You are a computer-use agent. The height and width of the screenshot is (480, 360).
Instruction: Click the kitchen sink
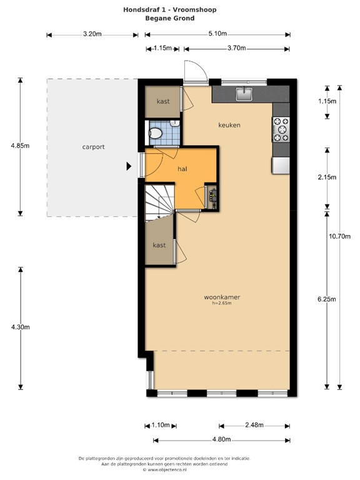244,94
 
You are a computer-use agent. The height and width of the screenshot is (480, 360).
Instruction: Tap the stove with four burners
281,129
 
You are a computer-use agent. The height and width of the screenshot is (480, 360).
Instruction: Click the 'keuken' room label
229,125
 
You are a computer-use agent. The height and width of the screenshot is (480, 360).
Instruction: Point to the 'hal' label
182,169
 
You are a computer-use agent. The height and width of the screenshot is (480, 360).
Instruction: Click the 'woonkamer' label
222,297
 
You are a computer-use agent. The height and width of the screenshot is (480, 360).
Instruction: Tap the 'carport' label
93,147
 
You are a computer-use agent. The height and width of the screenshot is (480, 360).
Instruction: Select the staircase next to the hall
159,202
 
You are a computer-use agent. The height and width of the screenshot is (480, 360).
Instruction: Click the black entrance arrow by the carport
129,166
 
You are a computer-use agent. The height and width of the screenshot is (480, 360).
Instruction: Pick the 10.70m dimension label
340,236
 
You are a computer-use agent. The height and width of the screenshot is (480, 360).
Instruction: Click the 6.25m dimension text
327,299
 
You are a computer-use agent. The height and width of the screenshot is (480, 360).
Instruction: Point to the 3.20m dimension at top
92,35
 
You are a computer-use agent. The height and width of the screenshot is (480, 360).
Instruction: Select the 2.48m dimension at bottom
254,425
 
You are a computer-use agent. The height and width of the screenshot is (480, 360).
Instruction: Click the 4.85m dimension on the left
19,146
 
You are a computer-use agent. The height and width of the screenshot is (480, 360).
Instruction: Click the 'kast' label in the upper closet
163,101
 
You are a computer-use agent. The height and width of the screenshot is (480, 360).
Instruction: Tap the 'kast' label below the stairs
159,245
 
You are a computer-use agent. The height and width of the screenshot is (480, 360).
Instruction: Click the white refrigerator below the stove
281,165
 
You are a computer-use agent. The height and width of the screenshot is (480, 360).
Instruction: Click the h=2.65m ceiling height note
222,303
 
